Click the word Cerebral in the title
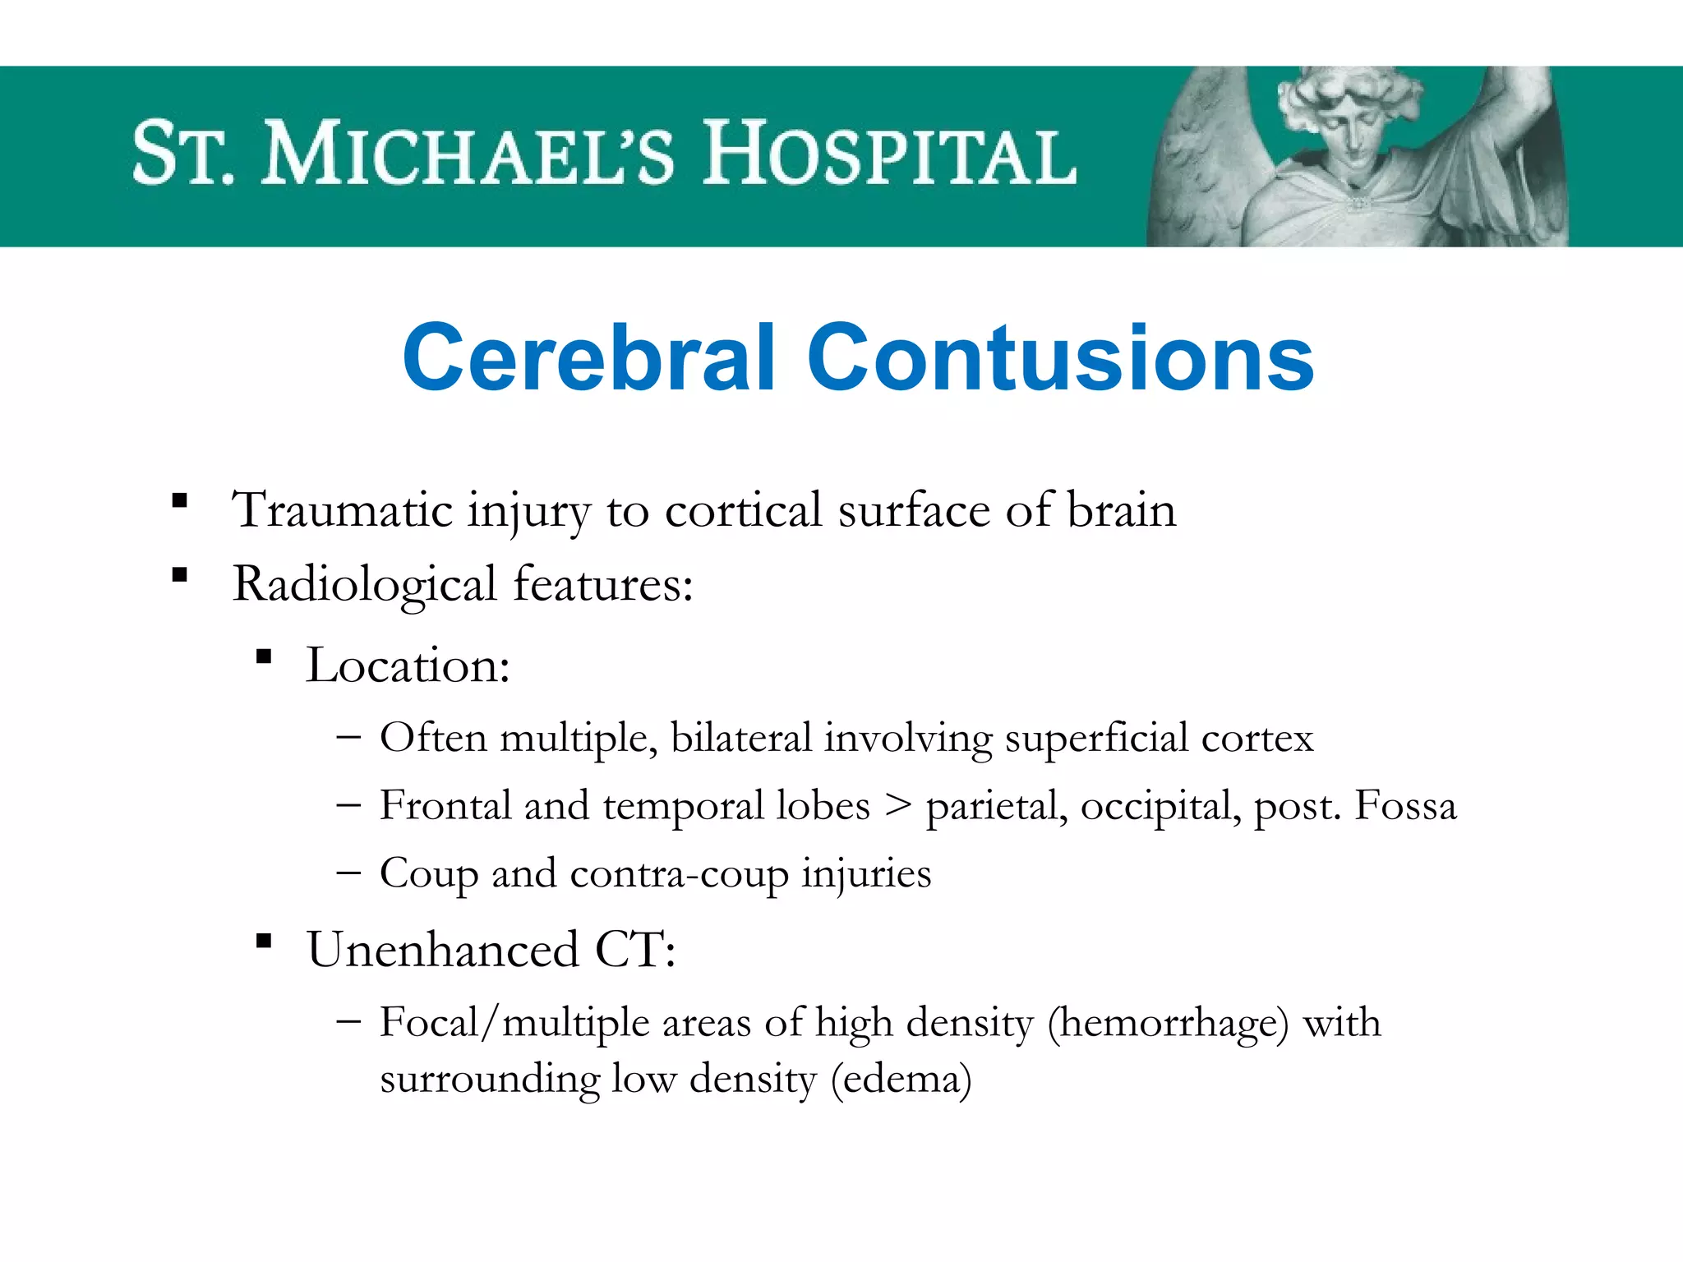coord(588,357)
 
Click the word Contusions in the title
coord(1060,357)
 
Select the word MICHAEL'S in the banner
coord(468,154)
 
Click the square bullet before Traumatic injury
coord(180,500)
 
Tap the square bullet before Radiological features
coord(180,574)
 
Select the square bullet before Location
coord(264,656)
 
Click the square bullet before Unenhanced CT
coord(264,941)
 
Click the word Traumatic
coord(342,510)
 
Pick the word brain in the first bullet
coord(1121,510)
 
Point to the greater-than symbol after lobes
coord(898,806)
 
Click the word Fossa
coord(1405,805)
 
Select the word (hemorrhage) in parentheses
coord(1168,1024)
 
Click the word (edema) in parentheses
coord(901,1080)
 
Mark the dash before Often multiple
coord(348,737)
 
